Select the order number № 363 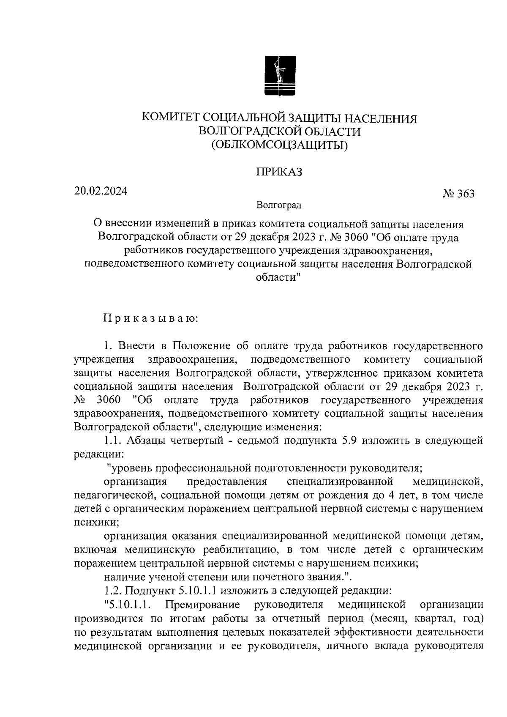458,194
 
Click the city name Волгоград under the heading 279,206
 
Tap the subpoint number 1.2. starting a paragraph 114,590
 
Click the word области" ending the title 279,278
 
